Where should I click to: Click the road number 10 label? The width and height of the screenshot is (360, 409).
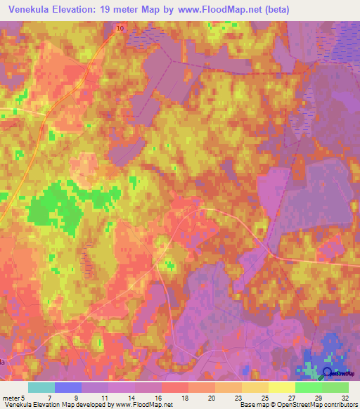click(x=120, y=27)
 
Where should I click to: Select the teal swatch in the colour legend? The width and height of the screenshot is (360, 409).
click(x=41, y=387)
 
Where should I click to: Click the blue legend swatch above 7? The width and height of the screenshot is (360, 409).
click(x=68, y=387)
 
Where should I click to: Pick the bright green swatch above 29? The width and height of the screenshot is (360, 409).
click(x=309, y=387)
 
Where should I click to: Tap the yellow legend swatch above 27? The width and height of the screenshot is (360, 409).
click(x=282, y=387)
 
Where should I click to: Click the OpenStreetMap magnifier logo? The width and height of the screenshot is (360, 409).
click(x=328, y=372)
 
